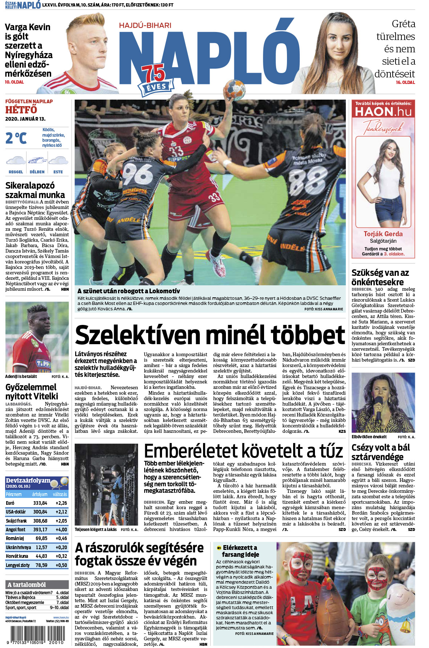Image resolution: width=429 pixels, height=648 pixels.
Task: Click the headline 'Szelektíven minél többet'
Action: [210, 335]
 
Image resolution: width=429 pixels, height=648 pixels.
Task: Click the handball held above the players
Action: [234, 88]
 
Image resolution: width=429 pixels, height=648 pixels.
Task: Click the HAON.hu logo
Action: [383, 112]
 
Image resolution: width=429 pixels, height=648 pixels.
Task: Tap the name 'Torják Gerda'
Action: [383, 234]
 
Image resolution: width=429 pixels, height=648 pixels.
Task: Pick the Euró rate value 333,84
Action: [40, 503]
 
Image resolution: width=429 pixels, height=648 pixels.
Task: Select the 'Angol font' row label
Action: [16, 530]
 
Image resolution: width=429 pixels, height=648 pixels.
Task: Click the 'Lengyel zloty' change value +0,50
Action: [61, 565]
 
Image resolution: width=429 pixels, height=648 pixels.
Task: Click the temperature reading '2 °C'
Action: [16, 138]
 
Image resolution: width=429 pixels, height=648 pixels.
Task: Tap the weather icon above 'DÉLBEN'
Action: [37, 160]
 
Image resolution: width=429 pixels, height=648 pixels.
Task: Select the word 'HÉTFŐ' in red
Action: [21, 110]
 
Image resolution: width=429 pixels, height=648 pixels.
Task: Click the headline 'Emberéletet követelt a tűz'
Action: [243, 451]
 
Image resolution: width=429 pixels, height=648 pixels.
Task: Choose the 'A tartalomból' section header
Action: [27, 585]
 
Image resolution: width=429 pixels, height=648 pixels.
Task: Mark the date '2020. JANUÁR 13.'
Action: [25, 119]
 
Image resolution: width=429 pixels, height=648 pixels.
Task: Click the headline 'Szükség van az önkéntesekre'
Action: [380, 277]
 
